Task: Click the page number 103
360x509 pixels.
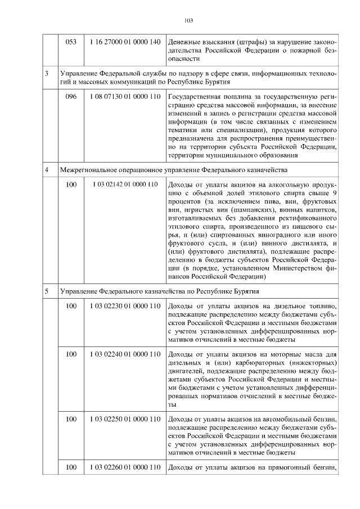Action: click(x=188, y=21)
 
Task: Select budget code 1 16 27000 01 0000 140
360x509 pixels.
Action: click(x=125, y=43)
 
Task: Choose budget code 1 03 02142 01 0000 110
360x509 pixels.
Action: click(x=125, y=184)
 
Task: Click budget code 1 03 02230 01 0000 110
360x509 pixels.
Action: click(x=125, y=306)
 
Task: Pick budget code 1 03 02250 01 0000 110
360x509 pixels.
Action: click(x=125, y=419)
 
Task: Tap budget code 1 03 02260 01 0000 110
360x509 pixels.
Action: click(x=125, y=467)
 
